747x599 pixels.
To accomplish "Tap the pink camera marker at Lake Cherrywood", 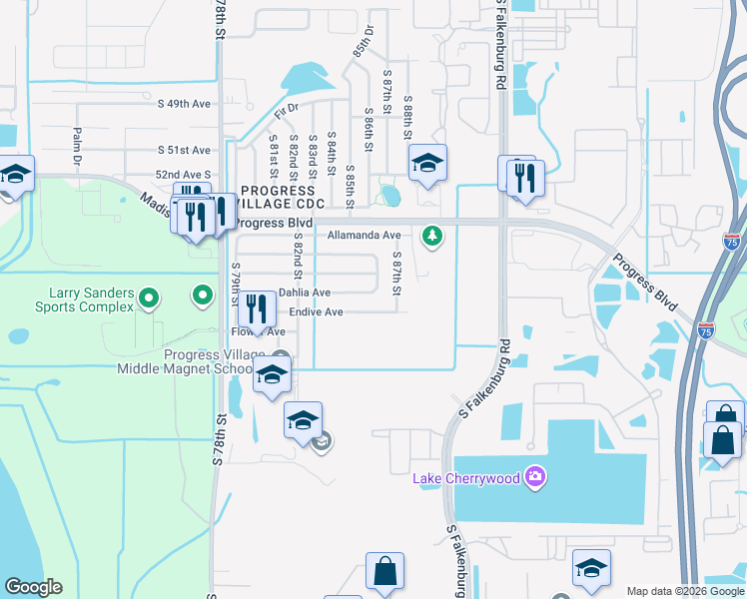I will click(x=535, y=477).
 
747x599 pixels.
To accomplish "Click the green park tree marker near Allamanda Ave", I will click(x=431, y=236).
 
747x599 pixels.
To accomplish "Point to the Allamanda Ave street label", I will click(x=364, y=236).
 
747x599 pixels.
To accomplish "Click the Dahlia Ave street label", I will click(x=304, y=293).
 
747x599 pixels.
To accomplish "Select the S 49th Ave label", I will click(x=187, y=102).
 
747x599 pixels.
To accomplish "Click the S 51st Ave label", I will click(x=185, y=150).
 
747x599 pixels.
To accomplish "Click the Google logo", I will click(x=33, y=587).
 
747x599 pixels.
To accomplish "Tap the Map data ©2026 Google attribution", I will click(x=685, y=591).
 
